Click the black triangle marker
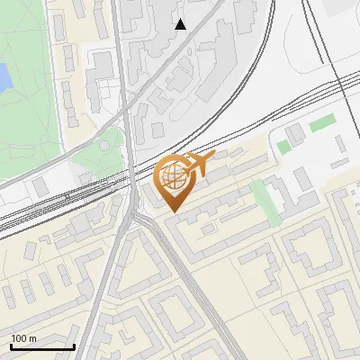coord(181,24)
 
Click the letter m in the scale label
coord(33,338)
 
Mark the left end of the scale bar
coord(11,346)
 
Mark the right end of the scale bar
coord(74,346)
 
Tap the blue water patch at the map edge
coord(4,78)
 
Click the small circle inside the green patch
coord(112,141)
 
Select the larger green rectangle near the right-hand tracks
coord(322,125)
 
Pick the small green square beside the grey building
coord(283,146)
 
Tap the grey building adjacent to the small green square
coord(295,135)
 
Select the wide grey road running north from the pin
coord(126,90)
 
